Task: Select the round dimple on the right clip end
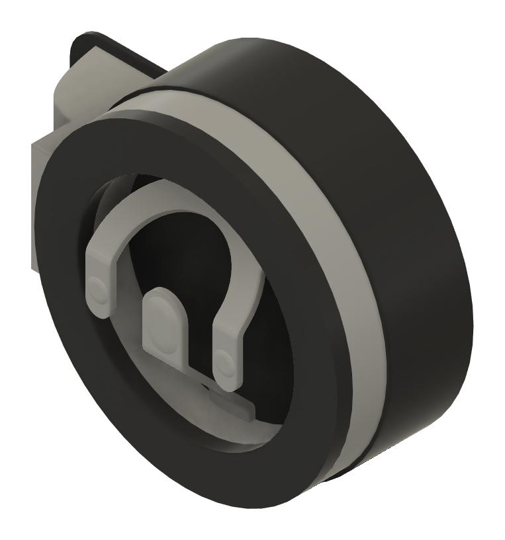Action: (223, 362)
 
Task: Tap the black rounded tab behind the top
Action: (93, 40)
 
